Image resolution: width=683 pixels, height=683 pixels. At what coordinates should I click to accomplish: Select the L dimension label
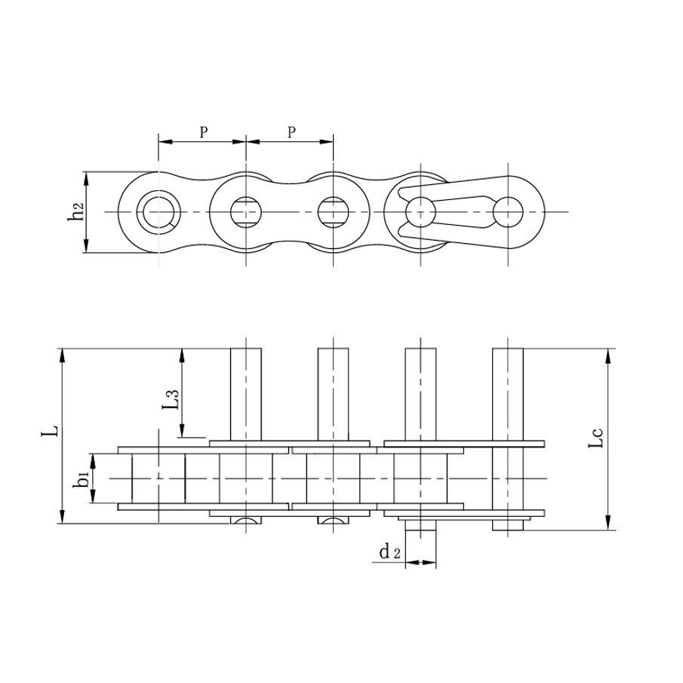point(51,431)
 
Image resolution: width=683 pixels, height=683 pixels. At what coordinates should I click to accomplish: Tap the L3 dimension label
point(172,399)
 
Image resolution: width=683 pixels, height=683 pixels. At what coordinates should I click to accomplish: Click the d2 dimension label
point(390,553)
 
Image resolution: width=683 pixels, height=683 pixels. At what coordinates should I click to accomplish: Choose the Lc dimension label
point(596,438)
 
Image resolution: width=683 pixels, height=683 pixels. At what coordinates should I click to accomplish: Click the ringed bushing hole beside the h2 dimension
point(158,211)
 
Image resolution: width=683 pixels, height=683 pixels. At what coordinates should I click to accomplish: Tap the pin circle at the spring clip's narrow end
point(508,211)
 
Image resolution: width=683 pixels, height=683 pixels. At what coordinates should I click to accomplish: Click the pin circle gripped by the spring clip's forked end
point(420,211)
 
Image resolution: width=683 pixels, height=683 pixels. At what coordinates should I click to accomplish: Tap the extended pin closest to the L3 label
point(245,392)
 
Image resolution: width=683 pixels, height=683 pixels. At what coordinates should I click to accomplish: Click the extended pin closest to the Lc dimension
point(508,392)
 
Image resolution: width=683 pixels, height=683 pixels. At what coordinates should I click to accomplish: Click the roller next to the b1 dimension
point(158,478)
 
